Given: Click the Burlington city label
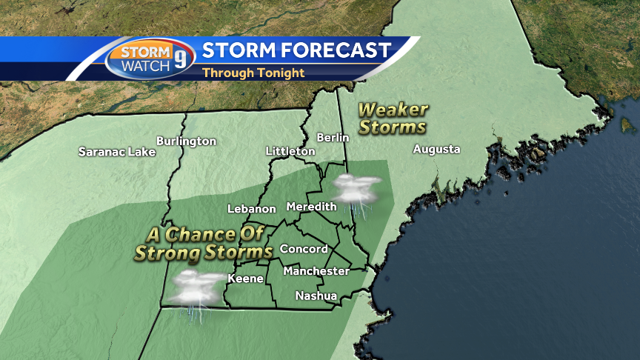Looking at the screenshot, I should (x=186, y=141).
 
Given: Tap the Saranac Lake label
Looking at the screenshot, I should (x=117, y=152).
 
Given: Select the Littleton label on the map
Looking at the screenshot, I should (x=290, y=151).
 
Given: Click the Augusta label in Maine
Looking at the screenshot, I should (x=436, y=149).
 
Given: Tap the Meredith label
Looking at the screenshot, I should (x=311, y=206).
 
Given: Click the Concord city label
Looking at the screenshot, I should (x=304, y=249).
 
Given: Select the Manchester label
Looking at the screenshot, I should (x=316, y=271).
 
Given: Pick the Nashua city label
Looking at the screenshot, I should (x=316, y=296).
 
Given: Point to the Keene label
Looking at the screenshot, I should (x=245, y=279).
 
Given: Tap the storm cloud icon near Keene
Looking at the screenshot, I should (x=193, y=289).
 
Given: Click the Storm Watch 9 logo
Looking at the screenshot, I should (x=150, y=59).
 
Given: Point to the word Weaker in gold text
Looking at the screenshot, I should (x=393, y=110).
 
